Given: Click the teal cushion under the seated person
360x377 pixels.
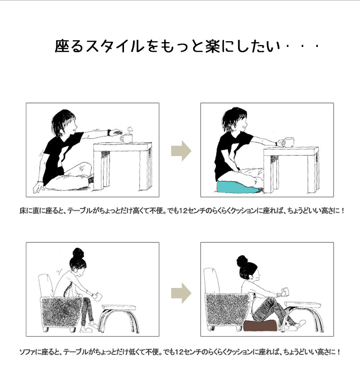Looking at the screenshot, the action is click(238, 187).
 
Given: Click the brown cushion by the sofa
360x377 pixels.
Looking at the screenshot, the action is click(260, 325).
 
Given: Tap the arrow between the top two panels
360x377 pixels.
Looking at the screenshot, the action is click(181, 151).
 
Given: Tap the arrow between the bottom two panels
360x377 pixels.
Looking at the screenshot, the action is click(181, 293).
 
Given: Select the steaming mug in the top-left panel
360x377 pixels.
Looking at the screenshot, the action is click(127, 138).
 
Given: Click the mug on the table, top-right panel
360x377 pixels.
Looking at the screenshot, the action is click(289, 142).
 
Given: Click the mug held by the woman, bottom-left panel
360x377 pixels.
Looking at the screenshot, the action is click(98, 296).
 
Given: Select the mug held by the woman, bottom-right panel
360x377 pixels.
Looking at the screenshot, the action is click(284, 291).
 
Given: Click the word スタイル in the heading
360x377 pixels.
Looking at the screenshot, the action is click(114, 46).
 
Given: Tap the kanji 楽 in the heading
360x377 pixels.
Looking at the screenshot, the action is click(213, 46).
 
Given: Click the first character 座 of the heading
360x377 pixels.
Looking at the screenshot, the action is click(62, 46).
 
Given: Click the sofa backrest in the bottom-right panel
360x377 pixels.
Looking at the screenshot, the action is click(212, 280).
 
